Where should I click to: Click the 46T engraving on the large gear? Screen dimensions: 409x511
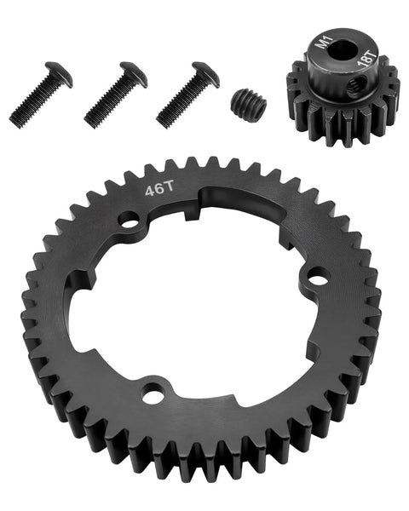158,190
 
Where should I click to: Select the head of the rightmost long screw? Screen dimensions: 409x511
206,72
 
